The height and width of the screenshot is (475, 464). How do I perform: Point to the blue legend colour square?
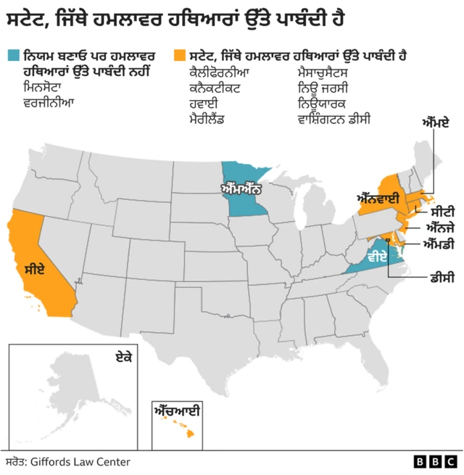pos(12,55)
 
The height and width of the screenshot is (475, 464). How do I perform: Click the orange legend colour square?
pos(179,55)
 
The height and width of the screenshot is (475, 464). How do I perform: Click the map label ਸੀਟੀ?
pos(443,212)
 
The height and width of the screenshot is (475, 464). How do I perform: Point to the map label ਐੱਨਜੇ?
pos(442,227)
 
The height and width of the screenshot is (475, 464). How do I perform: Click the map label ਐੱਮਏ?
pos(436,124)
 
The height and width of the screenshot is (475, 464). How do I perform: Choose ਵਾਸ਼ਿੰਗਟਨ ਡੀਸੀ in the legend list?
pos(334,117)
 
